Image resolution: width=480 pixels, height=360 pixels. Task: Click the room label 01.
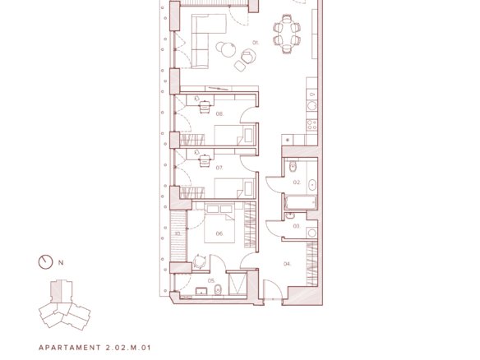click(256, 43)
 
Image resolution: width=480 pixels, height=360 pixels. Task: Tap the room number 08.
click(219, 114)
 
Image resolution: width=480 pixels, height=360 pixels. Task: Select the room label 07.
click(219, 168)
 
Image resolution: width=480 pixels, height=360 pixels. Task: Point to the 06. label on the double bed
click(219, 233)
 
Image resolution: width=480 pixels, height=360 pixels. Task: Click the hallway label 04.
click(287, 264)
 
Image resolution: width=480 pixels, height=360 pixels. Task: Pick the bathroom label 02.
click(297, 182)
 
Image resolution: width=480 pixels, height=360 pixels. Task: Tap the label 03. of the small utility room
click(297, 226)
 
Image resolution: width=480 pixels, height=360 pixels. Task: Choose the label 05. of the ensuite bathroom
click(211, 280)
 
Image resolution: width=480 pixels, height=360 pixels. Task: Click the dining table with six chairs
click(287, 34)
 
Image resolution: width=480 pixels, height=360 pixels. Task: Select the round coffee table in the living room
click(228, 50)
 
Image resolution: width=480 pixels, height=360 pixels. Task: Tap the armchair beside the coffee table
click(248, 57)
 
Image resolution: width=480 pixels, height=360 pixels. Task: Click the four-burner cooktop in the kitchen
click(312, 125)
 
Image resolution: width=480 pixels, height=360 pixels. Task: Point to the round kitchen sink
click(312, 106)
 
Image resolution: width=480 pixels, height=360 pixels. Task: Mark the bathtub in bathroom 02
click(300, 203)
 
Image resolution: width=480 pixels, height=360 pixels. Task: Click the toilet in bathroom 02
click(293, 167)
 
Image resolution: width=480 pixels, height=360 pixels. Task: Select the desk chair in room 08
click(205, 107)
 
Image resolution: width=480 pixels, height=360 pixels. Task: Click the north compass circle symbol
click(45, 262)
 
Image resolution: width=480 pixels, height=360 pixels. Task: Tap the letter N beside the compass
click(61, 263)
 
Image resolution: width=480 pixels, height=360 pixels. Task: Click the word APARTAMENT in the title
click(70, 348)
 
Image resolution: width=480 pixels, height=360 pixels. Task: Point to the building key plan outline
click(64, 305)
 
